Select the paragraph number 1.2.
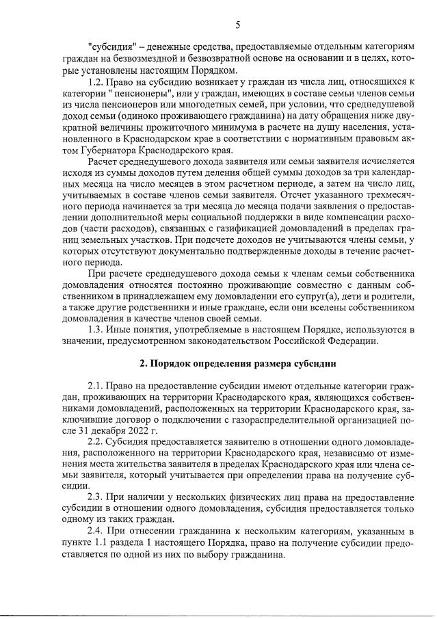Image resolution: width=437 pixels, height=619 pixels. tap(98, 82)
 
